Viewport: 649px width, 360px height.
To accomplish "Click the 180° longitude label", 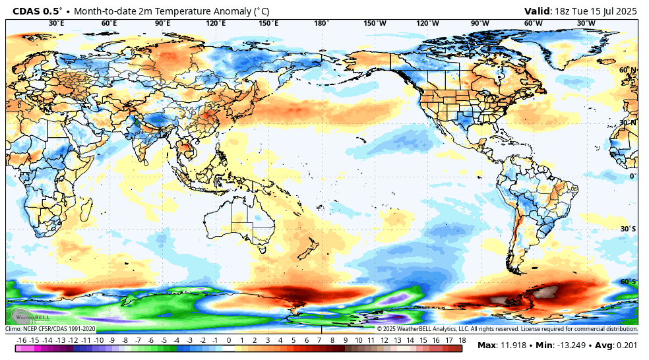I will (321, 23).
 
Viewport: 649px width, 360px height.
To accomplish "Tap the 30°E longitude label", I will (56, 23).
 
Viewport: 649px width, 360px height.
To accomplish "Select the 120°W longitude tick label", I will (427, 23).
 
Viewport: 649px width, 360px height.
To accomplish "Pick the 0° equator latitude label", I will (632, 175).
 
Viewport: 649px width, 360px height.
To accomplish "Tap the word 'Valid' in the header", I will (538, 11).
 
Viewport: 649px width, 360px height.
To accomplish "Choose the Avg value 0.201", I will (627, 345).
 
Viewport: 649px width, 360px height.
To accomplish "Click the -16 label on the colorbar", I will (22, 340).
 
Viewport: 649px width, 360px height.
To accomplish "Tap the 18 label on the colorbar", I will (462, 340).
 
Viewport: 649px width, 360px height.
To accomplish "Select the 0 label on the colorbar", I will (229, 340).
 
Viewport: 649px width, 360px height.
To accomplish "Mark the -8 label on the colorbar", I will (125, 340).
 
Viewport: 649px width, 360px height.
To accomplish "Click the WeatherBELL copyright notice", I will (507, 328).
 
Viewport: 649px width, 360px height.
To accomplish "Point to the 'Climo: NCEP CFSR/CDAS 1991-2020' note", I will (51, 328).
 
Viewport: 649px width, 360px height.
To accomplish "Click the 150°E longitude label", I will (268, 23).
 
